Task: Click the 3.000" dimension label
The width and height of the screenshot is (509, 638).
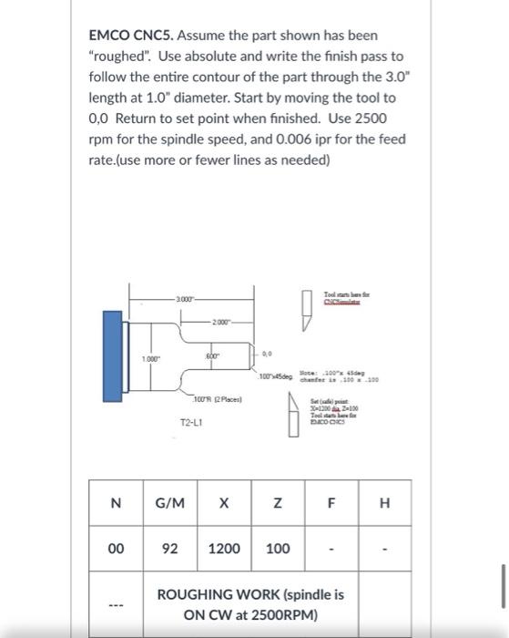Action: point(188,302)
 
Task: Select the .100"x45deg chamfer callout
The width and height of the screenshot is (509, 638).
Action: point(276,376)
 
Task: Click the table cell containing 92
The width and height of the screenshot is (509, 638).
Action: point(169,549)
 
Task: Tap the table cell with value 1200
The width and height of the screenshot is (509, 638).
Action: point(225,549)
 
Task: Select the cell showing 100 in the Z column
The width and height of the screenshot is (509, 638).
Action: point(279,549)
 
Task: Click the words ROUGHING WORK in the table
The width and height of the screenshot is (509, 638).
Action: point(225,594)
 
